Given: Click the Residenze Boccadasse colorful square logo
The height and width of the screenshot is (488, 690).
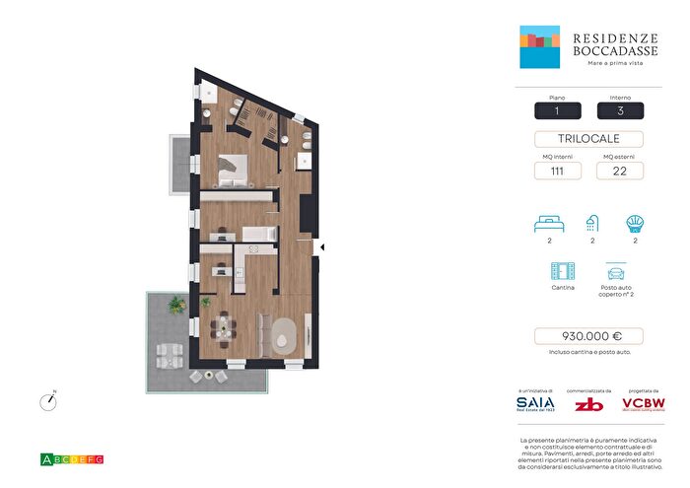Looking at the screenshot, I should pos(540,47).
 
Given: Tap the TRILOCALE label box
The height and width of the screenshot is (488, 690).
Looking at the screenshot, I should pos(588,139).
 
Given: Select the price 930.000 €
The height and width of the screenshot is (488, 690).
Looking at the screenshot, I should pos(588,336).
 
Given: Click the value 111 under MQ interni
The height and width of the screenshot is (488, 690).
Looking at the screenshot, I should pos(556,171).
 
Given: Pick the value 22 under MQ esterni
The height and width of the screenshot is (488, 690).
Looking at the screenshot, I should pos(620,171).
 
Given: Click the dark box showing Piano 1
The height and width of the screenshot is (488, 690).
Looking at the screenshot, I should pos(556,110).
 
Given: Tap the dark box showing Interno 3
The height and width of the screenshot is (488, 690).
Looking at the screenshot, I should pos(620,110).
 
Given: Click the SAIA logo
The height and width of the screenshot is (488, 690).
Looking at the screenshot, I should pos(535,403).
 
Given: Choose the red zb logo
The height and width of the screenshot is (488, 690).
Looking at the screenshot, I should pos(588,403).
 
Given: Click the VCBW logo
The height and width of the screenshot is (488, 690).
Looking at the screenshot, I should pos(641,403).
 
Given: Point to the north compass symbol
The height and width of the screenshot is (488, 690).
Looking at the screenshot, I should pos(46,401).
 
